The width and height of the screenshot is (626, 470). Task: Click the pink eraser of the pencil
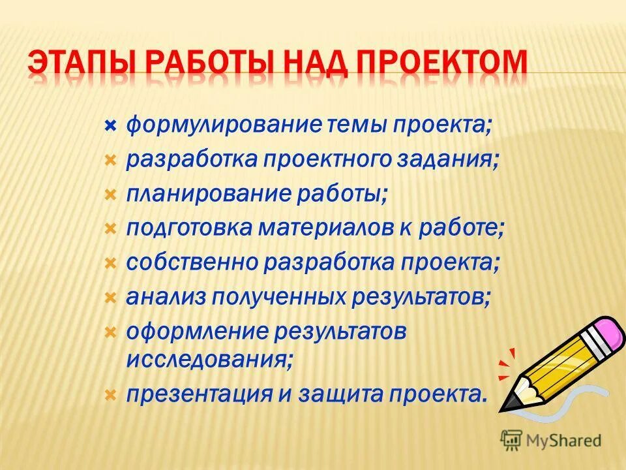click(x=608, y=332)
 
